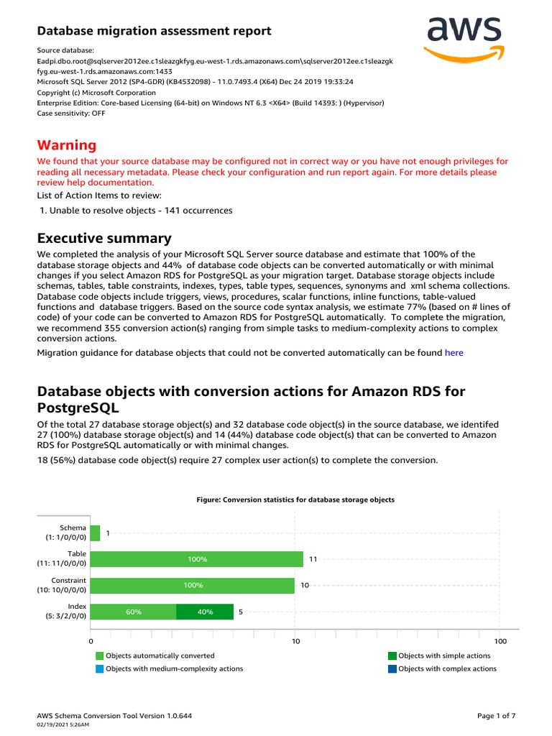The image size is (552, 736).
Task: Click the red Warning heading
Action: click(66, 145)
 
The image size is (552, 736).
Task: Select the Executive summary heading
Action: click(103, 238)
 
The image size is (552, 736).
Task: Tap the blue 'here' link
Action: click(454, 352)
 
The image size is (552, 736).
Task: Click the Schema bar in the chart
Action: click(95, 533)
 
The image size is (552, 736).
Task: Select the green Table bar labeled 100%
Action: click(197, 559)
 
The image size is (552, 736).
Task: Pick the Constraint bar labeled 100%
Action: click(193, 585)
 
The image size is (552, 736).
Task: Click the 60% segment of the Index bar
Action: click(134, 612)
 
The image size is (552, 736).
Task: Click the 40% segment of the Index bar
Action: click(205, 612)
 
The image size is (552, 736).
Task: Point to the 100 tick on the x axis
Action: click(500, 641)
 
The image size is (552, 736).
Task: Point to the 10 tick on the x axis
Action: click(295, 641)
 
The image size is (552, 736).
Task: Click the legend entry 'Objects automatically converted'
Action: click(159, 655)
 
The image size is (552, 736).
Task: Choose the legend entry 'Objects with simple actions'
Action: click(443, 655)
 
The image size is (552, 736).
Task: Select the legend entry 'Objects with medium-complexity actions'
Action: click(173, 668)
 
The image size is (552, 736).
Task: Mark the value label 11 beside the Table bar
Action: click(313, 559)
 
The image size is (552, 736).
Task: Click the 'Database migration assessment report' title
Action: click(154, 31)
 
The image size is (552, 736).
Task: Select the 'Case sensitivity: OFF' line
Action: click(71, 113)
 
